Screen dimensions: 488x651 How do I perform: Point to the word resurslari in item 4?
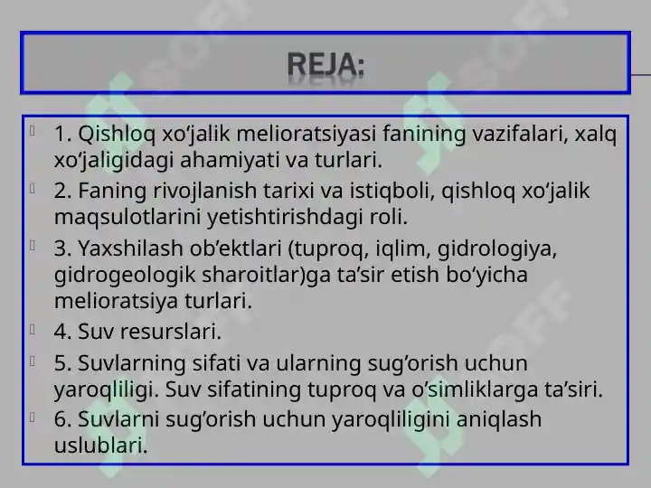(x=172, y=333)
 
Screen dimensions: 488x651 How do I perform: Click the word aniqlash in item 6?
(x=489, y=418)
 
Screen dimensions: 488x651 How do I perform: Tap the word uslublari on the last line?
(x=100, y=445)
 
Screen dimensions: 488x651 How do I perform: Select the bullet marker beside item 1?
(x=33, y=132)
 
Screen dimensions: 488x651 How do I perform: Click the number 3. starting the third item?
(x=63, y=248)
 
